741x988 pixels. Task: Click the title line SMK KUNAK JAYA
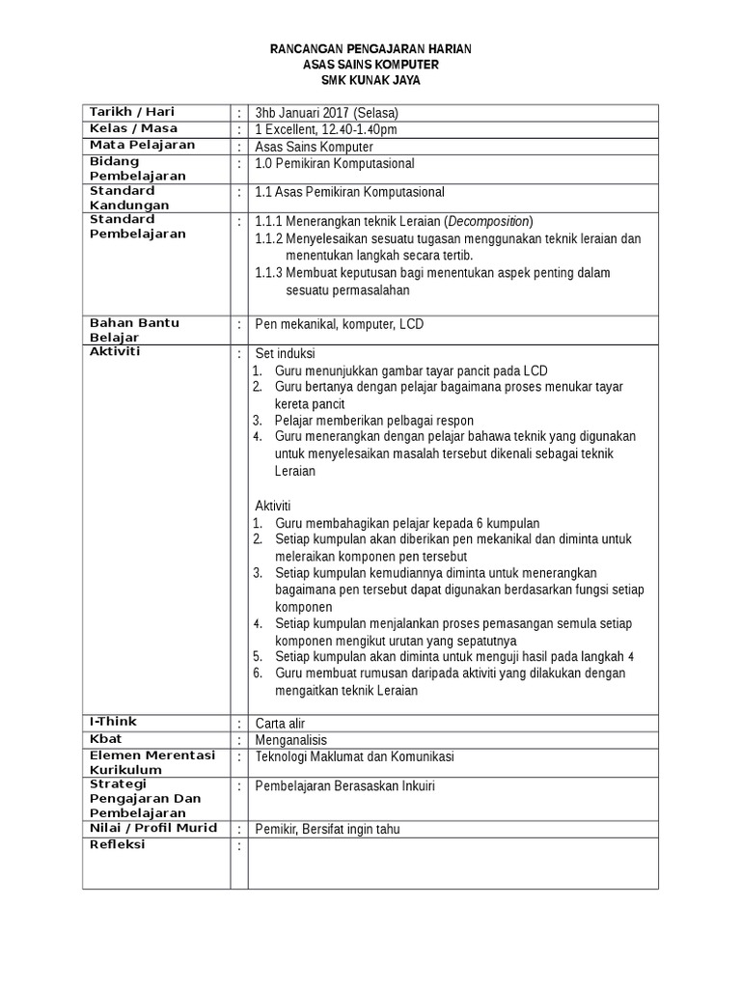(370, 80)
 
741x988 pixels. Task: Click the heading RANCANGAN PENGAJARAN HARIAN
(370, 49)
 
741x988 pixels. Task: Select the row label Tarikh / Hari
(132, 112)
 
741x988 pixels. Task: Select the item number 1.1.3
(268, 273)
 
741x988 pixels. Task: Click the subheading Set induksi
(285, 353)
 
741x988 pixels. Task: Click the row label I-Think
(113, 722)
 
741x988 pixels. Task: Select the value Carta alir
(280, 723)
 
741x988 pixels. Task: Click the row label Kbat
(105, 739)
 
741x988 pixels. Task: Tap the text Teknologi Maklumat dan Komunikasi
(354, 756)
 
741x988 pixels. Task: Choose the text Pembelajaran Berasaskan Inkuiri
(344, 786)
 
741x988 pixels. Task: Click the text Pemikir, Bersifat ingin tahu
(327, 829)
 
